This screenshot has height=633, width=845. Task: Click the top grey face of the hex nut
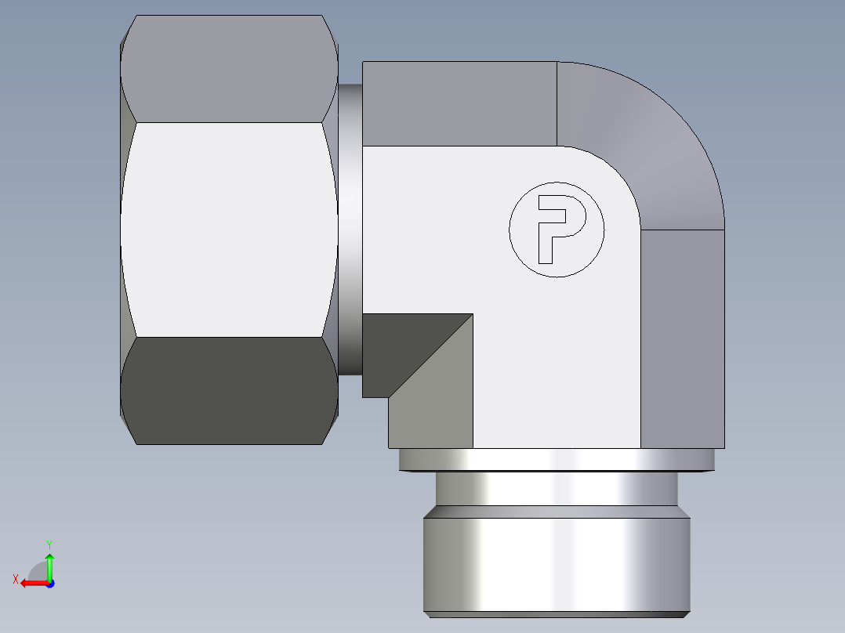229,69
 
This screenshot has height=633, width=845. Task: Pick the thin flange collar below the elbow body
557,459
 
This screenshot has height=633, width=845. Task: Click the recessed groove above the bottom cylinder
557,488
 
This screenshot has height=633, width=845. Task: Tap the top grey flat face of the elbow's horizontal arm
459,103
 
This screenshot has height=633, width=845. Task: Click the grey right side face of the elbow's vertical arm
682,337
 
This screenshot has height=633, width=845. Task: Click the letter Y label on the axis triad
49,544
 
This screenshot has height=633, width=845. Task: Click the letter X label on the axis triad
15,579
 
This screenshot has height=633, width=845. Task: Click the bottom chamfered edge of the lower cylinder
557,614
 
